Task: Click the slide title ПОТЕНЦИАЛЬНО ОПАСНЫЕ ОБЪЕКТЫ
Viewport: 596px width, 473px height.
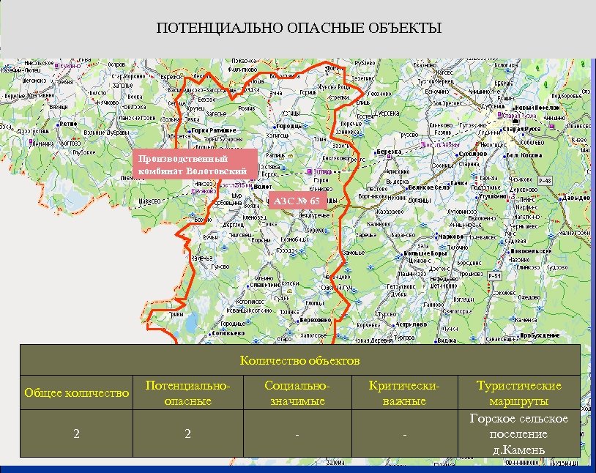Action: pyautogui.click(x=298, y=29)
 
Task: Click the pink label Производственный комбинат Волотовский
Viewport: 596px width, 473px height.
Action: pyautogui.click(x=196, y=165)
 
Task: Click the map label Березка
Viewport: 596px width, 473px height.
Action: pyautogui.click(x=393, y=152)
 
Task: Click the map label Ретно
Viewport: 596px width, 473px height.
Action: pyautogui.click(x=68, y=124)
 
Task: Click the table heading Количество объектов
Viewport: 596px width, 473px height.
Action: pyautogui.click(x=299, y=360)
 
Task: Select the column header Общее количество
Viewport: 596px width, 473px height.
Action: pyautogui.click(x=76, y=393)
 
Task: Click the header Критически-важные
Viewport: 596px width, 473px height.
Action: pyautogui.click(x=404, y=393)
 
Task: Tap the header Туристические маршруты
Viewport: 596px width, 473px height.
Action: pyautogui.click(x=518, y=393)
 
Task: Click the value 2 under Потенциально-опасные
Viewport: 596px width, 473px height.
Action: pyautogui.click(x=187, y=434)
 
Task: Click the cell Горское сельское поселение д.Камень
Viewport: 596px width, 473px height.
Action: pyautogui.click(x=518, y=433)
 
